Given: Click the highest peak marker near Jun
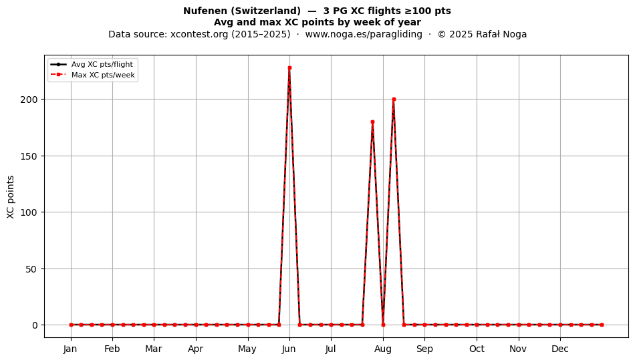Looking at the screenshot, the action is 289,68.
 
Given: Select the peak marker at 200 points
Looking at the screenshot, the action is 394,99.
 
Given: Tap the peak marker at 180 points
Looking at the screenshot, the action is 372,122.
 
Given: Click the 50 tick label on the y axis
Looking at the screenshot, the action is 31,269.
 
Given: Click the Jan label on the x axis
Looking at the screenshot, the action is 70,349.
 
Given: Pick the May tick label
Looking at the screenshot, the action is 247,349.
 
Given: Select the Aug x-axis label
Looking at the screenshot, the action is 383,349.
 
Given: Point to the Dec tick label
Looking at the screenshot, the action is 561,349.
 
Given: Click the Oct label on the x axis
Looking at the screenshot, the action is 477,349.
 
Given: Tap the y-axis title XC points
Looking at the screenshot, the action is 11,198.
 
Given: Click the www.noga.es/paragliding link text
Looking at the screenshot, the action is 364,34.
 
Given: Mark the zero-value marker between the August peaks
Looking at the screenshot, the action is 383,325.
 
